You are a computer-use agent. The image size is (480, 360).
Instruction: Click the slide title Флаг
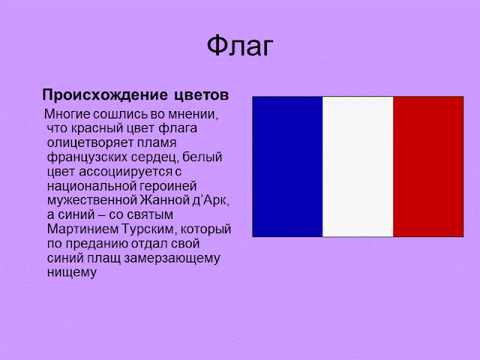(240, 46)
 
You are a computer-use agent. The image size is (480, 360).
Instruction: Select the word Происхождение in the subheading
(105, 95)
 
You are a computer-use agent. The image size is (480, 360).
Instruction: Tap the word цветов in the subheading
(202, 96)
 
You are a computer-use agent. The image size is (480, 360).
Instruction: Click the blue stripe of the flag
(287, 166)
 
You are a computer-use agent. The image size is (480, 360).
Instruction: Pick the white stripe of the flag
(358, 166)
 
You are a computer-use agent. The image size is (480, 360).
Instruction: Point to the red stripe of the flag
(428, 166)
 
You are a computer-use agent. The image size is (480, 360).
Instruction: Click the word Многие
(67, 114)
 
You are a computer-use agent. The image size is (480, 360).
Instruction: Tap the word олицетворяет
(90, 143)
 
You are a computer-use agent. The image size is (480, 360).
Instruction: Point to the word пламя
(157, 143)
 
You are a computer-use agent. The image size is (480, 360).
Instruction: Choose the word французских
(87, 157)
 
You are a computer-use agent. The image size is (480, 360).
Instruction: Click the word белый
(202, 157)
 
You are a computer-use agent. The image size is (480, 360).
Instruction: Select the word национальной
(91, 186)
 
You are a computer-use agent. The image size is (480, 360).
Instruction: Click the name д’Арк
(211, 200)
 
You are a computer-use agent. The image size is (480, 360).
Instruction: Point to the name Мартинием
(82, 229)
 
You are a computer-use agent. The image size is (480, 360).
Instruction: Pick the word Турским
(149, 229)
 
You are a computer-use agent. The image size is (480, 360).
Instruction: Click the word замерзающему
(172, 258)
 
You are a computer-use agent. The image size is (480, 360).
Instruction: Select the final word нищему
(72, 272)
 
